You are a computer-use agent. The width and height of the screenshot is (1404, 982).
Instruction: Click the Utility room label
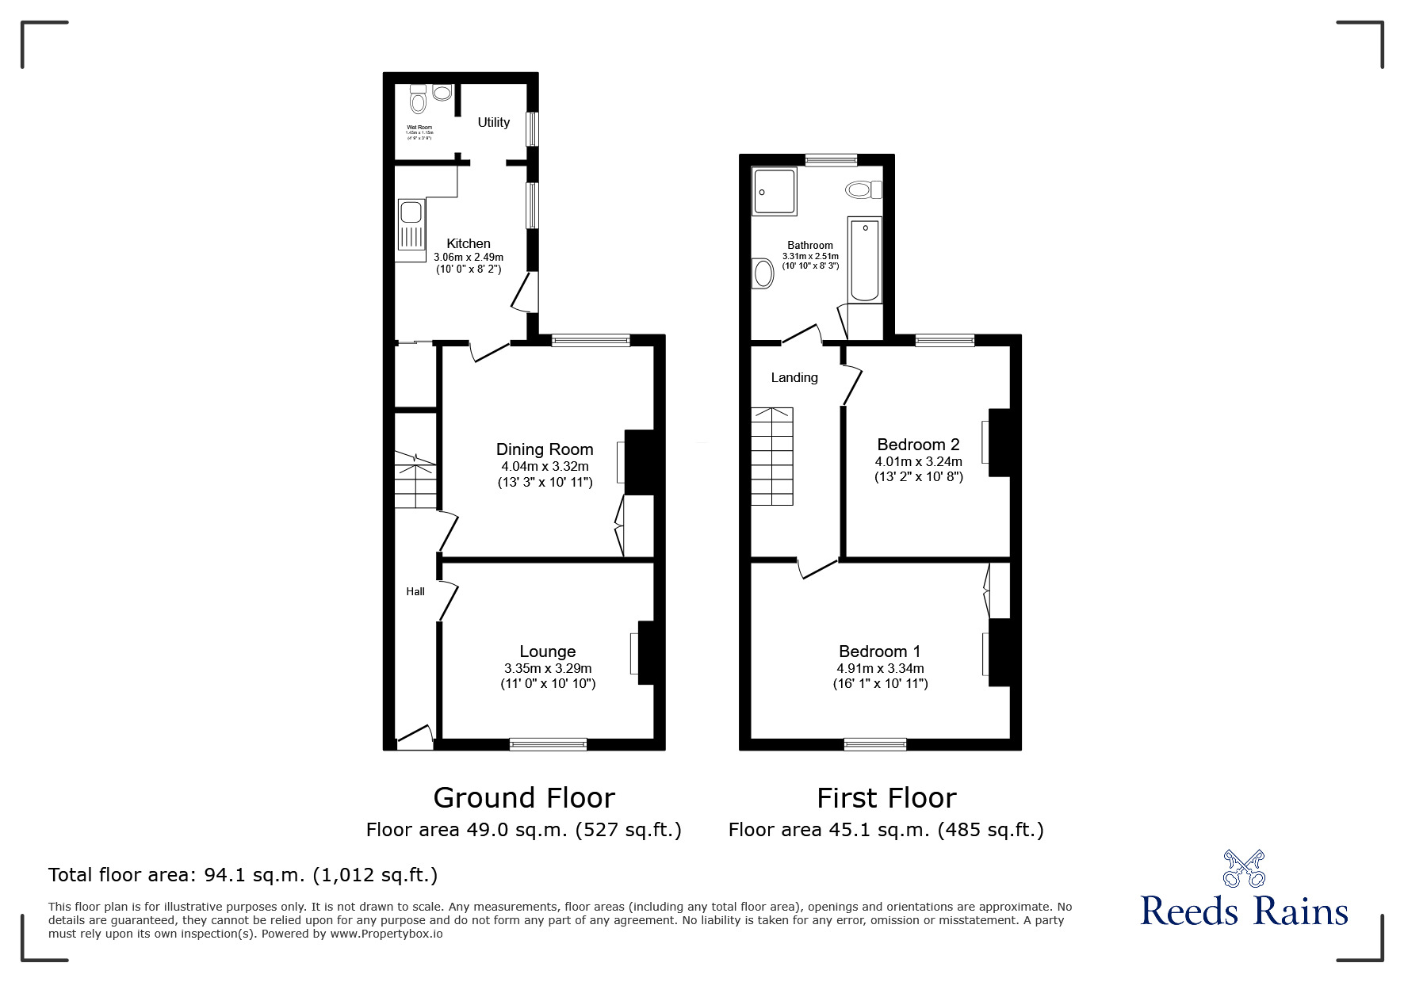tap(493, 122)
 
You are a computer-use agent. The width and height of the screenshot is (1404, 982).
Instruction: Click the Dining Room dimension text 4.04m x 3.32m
tap(545, 467)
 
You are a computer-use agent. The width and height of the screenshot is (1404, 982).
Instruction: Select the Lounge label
tap(547, 651)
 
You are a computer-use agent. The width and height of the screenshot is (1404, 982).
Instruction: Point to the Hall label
tap(415, 591)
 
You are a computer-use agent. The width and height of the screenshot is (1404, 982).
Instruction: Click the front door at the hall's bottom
tap(414, 739)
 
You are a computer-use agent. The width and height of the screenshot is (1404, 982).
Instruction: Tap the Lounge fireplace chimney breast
tap(646, 652)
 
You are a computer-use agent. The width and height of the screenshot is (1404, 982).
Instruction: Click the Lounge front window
tap(548, 743)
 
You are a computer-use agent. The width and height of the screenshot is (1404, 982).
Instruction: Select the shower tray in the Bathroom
tap(774, 191)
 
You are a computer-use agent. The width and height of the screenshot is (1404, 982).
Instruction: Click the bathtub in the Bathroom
tap(865, 260)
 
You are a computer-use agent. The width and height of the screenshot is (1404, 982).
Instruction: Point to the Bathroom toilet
tap(863, 189)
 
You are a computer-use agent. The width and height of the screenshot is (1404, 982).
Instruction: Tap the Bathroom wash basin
tap(763, 274)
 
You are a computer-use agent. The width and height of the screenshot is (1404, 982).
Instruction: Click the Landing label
tap(794, 377)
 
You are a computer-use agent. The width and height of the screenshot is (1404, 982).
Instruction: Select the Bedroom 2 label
tap(918, 445)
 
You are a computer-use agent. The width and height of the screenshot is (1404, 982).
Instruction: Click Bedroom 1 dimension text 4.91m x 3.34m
tap(880, 668)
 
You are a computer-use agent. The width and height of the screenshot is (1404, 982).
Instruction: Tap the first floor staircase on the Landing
tap(772, 457)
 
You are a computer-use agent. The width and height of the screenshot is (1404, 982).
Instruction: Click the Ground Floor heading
tap(524, 797)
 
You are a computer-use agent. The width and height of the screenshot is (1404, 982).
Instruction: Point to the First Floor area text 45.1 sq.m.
tap(886, 830)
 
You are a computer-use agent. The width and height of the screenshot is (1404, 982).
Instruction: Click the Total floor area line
tap(243, 875)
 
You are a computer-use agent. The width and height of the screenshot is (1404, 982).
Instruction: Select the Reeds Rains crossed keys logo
tap(1244, 869)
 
